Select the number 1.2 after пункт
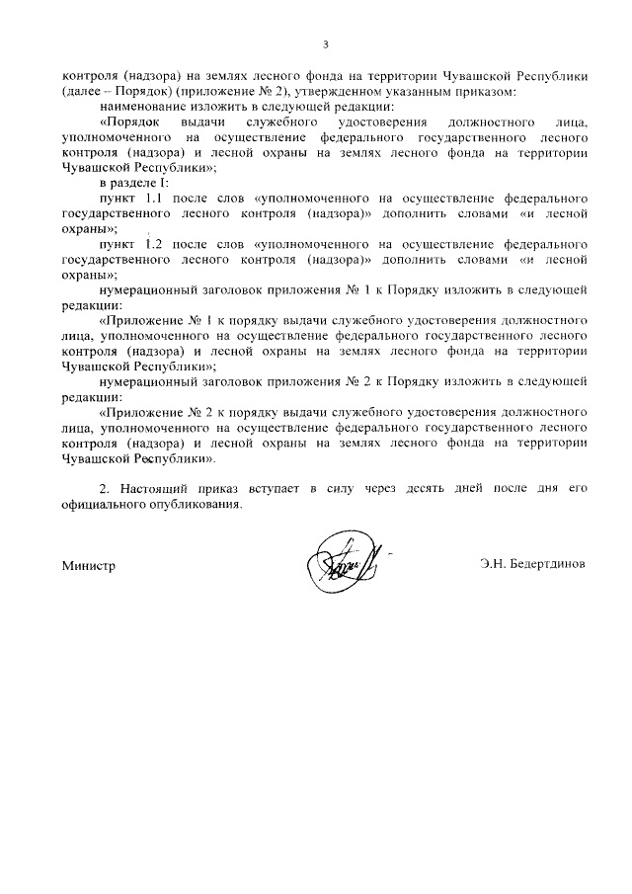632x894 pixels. pyautogui.click(x=159, y=244)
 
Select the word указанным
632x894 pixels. pyautogui.click(x=432, y=91)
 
